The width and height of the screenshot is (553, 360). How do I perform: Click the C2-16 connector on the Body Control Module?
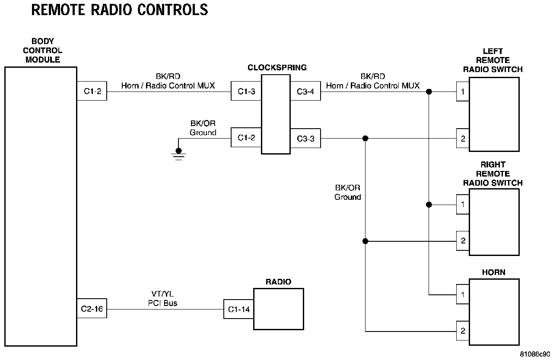(92, 308)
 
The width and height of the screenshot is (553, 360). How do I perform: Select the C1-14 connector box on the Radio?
(238, 309)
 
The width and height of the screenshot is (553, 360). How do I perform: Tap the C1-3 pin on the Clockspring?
(246, 91)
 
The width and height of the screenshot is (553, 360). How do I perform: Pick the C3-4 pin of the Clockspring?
(305, 91)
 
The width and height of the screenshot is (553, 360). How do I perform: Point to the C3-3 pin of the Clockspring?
(305, 138)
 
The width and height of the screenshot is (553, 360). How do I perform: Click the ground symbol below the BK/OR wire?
(178, 154)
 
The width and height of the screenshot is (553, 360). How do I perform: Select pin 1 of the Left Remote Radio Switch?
(463, 92)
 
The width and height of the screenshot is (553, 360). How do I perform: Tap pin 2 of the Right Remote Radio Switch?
(463, 241)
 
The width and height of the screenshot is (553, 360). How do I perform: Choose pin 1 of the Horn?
(463, 294)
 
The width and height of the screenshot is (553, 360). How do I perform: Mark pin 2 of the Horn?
(463, 331)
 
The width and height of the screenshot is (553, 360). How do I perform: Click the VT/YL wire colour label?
(162, 294)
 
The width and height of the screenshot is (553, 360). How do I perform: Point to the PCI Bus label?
(162, 303)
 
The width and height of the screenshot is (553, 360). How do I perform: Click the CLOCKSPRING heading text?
(277, 67)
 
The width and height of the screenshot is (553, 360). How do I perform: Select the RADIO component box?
(279, 309)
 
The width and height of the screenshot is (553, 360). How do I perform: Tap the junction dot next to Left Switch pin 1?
(429, 92)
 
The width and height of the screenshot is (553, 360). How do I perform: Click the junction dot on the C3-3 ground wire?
(365, 138)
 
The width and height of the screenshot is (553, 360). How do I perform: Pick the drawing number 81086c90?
(535, 354)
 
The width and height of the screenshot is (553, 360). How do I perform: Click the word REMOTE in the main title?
(58, 10)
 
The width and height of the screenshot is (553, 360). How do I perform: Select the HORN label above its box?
(493, 272)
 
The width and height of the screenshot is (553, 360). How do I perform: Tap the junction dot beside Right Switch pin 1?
(429, 205)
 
